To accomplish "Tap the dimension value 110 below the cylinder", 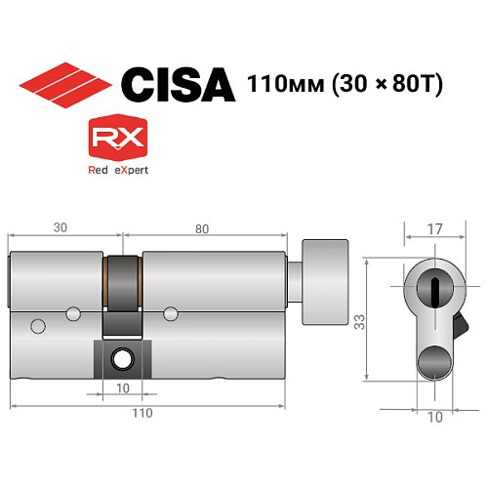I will (143, 414).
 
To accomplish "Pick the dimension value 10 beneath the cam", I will (123, 387).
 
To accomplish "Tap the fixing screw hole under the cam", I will (123, 359).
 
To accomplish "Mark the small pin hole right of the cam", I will (171, 312).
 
